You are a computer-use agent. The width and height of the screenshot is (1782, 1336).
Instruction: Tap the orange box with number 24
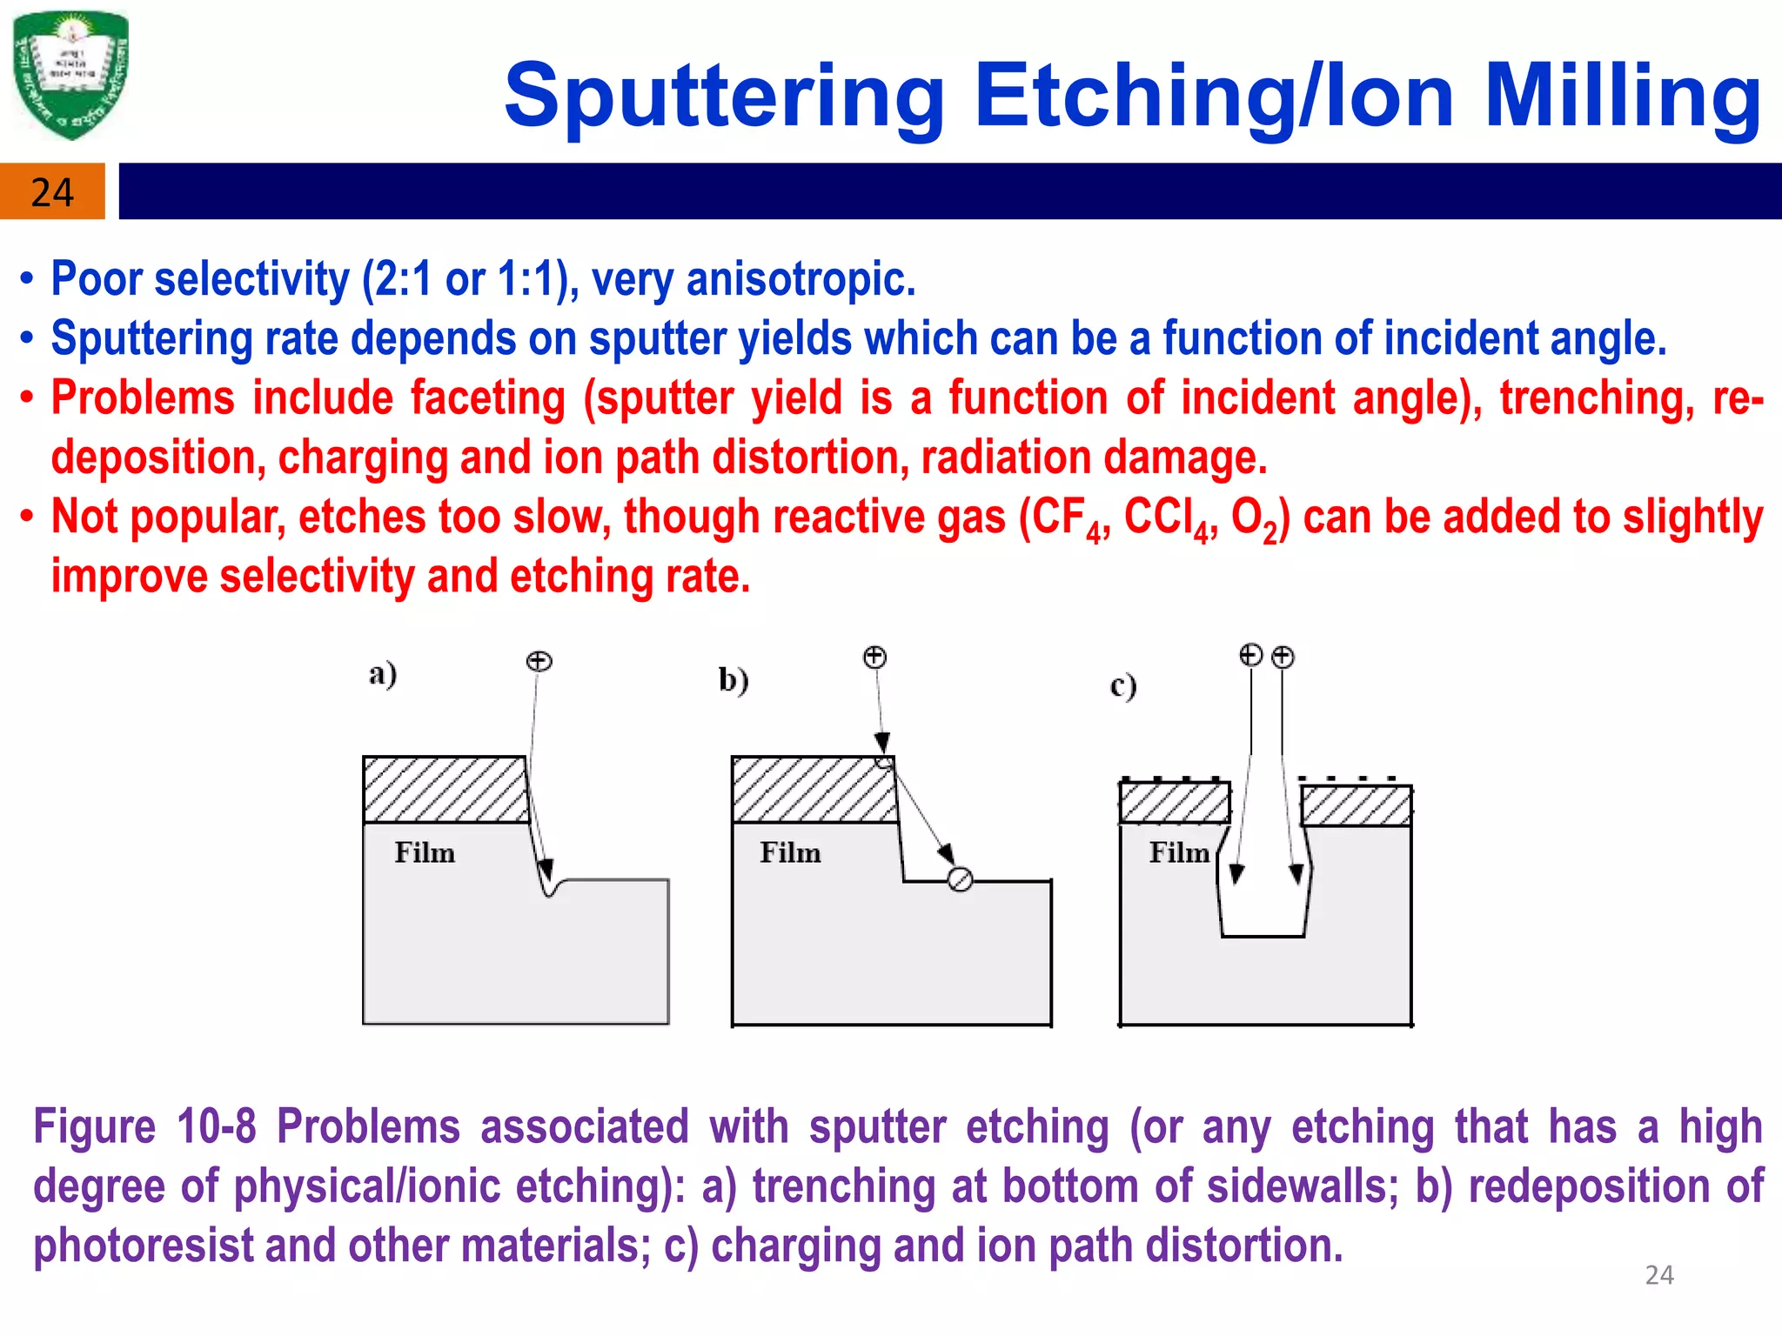coord(52,191)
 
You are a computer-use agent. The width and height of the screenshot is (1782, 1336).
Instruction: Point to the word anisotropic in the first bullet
coord(801,279)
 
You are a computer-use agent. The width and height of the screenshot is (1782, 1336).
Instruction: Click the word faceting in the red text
coord(487,398)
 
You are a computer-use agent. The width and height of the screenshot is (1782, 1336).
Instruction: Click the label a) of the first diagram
coord(383,674)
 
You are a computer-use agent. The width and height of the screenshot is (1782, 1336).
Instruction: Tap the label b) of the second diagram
coord(734,679)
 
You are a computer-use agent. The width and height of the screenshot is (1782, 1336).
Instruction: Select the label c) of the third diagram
coord(1122,686)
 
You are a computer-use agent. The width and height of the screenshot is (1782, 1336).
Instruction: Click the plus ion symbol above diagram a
coord(539,661)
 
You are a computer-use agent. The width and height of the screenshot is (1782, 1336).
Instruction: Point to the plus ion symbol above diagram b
coord(874,657)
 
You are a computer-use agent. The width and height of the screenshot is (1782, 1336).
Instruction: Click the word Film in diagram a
coord(425,852)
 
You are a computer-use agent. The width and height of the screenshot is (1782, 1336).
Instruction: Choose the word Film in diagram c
coord(1178,852)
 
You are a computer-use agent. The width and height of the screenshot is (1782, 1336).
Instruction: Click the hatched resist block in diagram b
coord(814,790)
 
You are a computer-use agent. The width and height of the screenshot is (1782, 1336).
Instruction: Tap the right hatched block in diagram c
coord(1356,805)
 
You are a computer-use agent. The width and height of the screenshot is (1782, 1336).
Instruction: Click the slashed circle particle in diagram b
coord(960,880)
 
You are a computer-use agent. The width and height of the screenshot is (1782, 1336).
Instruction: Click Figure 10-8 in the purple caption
coord(144,1126)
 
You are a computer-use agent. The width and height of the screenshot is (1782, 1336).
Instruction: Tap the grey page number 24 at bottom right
coord(1658,1275)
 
